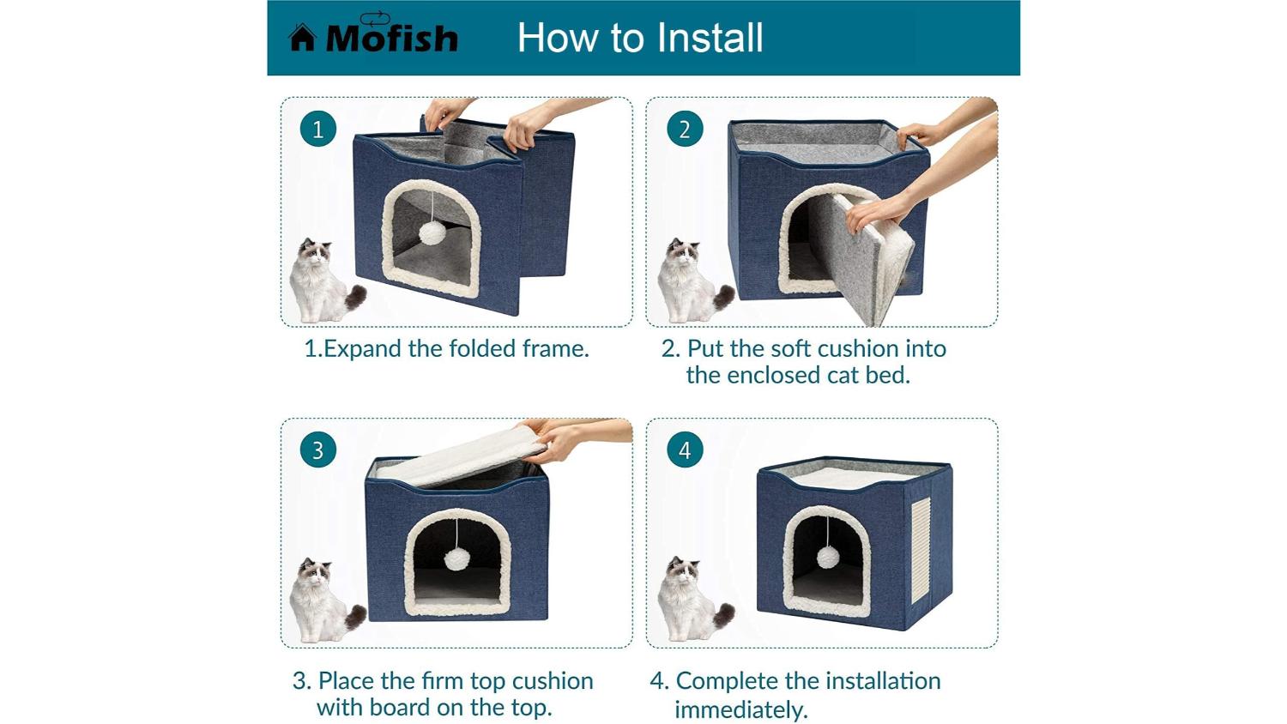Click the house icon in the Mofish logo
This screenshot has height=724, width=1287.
(x=302, y=38)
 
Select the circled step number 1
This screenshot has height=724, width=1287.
(x=317, y=129)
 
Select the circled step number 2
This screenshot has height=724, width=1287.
(x=685, y=129)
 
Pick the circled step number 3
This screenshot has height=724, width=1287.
(x=317, y=449)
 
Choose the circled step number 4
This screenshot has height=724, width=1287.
(x=685, y=449)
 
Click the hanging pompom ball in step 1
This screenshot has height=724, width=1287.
(x=431, y=233)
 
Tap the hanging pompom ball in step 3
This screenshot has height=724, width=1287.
(x=456, y=559)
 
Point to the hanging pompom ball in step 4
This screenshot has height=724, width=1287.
(x=828, y=557)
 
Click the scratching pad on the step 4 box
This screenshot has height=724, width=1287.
(x=921, y=551)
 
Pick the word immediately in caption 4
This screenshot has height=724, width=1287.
(x=741, y=709)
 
